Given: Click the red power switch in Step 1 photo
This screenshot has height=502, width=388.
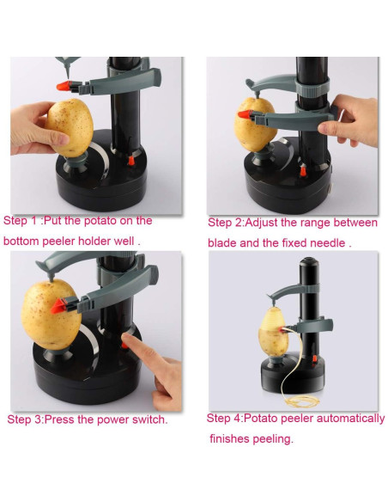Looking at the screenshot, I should click(131, 161).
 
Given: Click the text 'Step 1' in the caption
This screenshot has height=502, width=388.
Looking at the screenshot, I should click(21, 221).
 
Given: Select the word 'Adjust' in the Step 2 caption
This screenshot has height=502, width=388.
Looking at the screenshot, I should click(272, 223).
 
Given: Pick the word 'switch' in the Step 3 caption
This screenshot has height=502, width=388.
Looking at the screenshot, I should click(147, 420).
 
